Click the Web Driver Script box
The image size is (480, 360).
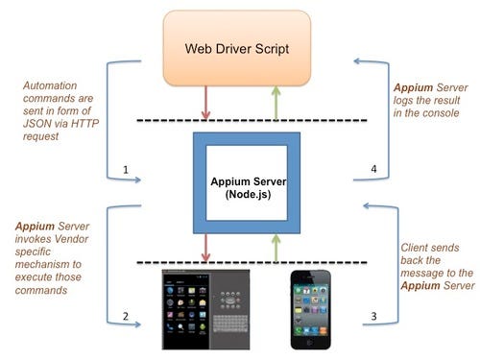tap(237, 48)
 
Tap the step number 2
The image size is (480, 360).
tap(126, 316)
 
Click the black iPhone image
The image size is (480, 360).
tap(312, 309)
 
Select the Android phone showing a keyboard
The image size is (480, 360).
tap(235, 309)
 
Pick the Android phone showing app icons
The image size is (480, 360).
tap(184, 309)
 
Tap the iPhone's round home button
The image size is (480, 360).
tap(312, 343)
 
